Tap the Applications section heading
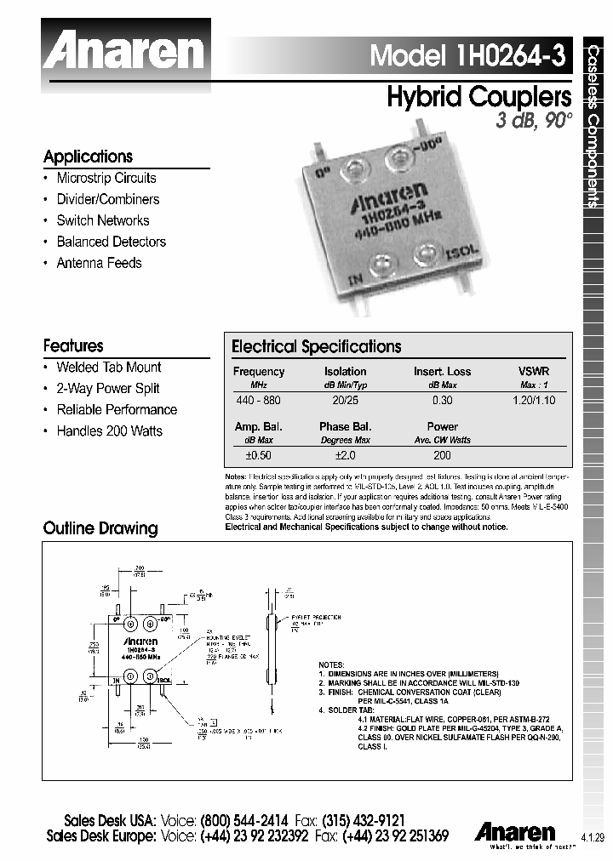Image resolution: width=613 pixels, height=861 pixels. pyautogui.click(x=88, y=157)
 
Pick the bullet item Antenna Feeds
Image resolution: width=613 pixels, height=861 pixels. pyautogui.click(x=99, y=263)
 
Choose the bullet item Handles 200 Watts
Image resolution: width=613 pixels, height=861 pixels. pyautogui.click(x=109, y=430)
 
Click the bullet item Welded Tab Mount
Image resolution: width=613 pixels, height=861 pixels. pyautogui.click(x=108, y=367)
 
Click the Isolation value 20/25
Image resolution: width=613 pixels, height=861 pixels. pyautogui.click(x=345, y=400)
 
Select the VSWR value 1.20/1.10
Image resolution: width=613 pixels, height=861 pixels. pyautogui.click(x=534, y=400)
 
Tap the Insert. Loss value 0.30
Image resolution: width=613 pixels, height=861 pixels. pyautogui.click(x=442, y=400)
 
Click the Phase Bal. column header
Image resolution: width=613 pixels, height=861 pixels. pyautogui.click(x=345, y=426)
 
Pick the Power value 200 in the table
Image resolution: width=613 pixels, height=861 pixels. pyautogui.click(x=442, y=455)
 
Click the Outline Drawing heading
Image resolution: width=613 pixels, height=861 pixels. pyautogui.click(x=100, y=528)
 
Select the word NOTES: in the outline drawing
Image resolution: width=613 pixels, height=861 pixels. pyautogui.click(x=330, y=664)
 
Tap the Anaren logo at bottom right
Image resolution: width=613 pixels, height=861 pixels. pyautogui.click(x=516, y=830)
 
